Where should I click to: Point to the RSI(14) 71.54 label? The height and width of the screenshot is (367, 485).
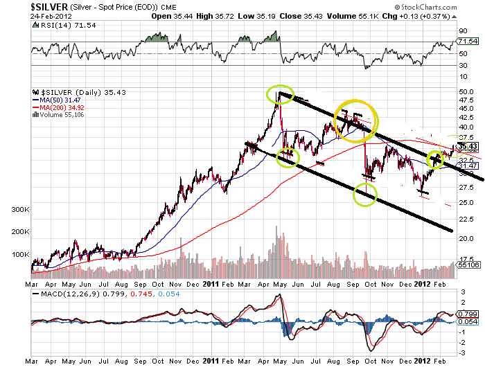pos(57,24)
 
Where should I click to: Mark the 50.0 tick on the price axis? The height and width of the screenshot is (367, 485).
pos(466,91)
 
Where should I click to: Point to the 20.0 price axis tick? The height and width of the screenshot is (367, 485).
pos(466,238)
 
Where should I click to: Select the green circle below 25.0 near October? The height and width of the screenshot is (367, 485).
pos(365,195)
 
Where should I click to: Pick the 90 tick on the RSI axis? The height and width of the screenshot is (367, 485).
pos(461,31)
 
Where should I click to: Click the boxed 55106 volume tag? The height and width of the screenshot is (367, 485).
pos(468,265)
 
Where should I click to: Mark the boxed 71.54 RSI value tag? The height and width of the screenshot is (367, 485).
pos(468,42)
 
